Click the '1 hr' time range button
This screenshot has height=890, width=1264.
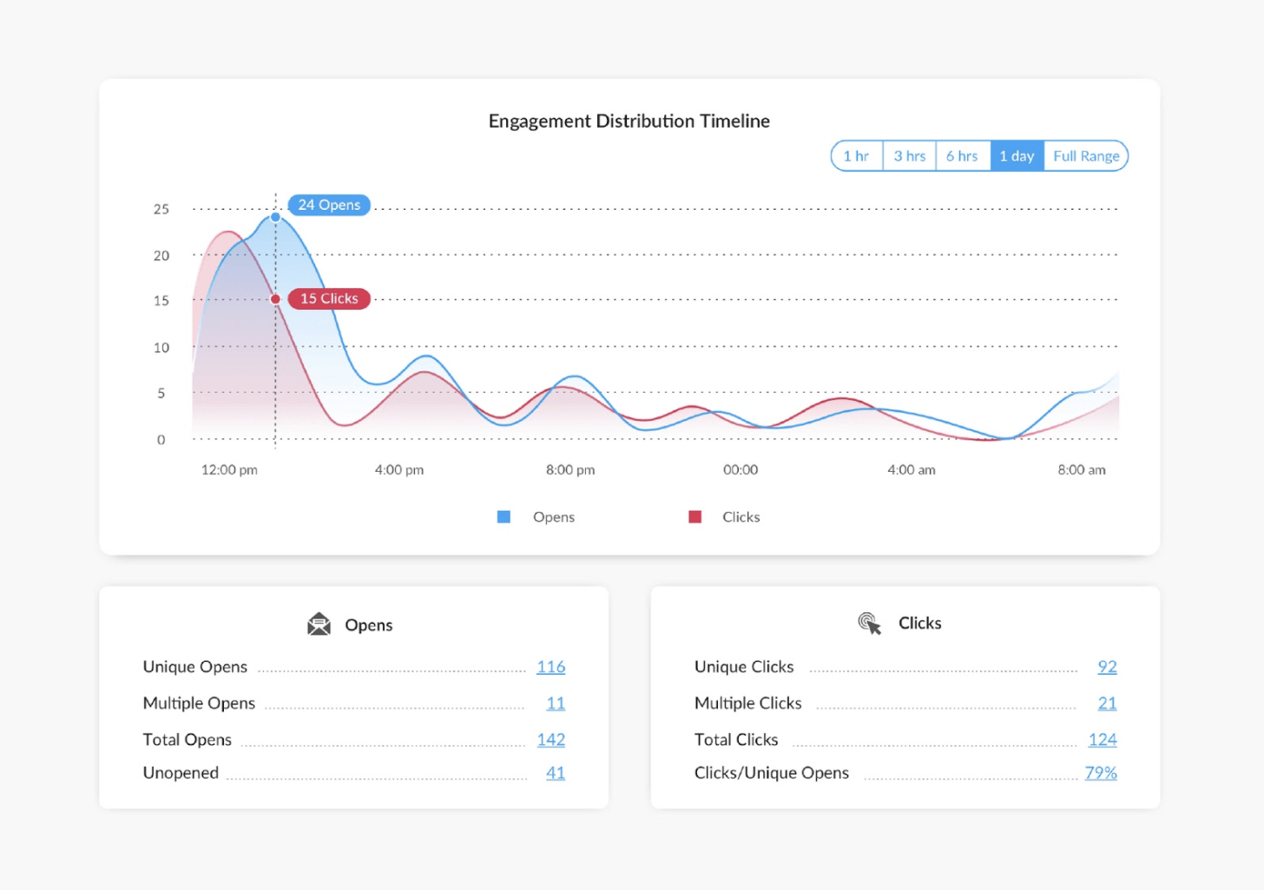[x=856, y=156]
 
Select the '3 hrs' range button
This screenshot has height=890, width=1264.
[x=910, y=156]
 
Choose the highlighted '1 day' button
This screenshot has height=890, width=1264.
[x=1017, y=156]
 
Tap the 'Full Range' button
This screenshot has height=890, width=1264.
[x=1086, y=156]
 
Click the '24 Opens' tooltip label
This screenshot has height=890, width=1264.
[x=329, y=205]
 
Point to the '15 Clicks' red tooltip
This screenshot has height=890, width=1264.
[x=329, y=298]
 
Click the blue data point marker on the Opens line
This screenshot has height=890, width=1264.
[x=275, y=217]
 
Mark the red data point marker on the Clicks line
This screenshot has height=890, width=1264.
[x=275, y=299]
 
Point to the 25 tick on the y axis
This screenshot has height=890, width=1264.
[x=161, y=209]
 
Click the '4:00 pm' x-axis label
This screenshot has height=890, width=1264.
[x=399, y=469]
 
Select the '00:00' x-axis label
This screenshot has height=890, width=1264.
[x=741, y=469]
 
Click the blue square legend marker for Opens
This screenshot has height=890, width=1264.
[x=504, y=517]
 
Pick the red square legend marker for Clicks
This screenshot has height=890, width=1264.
[x=695, y=517]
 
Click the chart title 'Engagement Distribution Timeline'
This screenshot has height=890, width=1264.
[x=629, y=121]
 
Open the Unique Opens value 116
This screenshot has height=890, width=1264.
[x=550, y=667]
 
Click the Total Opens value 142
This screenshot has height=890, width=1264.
[x=550, y=740]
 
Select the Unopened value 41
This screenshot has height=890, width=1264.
[x=555, y=773]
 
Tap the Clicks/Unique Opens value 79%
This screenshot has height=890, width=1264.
[x=1100, y=773]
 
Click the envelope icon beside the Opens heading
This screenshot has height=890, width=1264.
[x=319, y=625]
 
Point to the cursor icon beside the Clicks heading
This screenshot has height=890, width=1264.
[x=869, y=623]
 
